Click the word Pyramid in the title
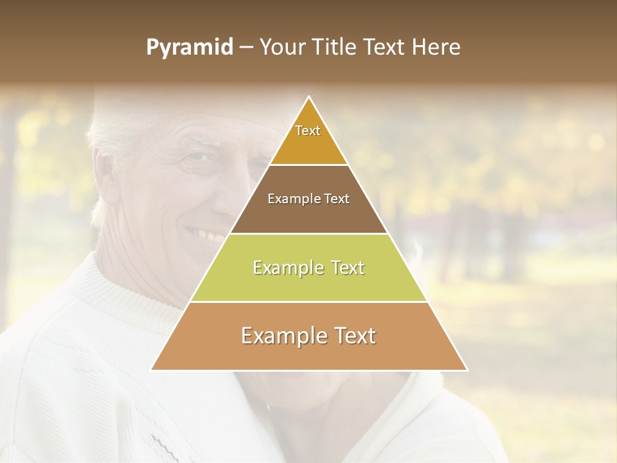pyautogui.click(x=190, y=48)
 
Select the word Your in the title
pyautogui.click(x=283, y=48)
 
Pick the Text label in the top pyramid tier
pyautogui.click(x=308, y=131)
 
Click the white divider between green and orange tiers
pyautogui.click(x=309, y=302)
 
